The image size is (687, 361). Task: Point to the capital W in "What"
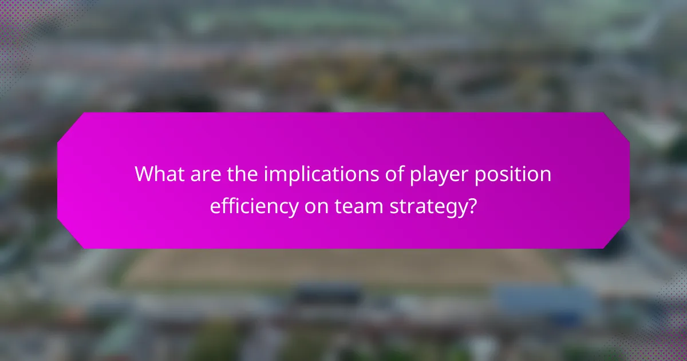pos(143,175)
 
